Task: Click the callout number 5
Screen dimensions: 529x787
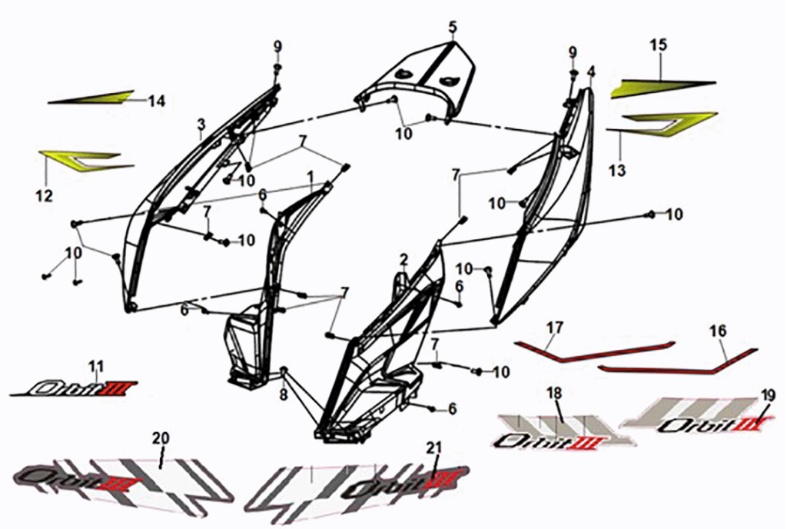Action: coord(453,28)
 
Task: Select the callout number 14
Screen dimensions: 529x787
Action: coord(157,101)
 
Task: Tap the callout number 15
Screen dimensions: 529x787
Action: coord(658,45)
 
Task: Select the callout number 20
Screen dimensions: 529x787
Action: coord(160,438)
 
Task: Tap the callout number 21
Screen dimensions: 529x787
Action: coord(434,448)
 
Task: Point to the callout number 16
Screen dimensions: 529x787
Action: coord(718,331)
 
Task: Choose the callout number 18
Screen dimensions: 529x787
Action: coord(554,394)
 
